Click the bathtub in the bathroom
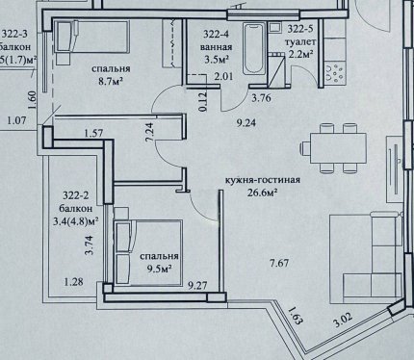pyautogui.click(x=254, y=49)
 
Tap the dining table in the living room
pyautogui.click(x=338, y=148)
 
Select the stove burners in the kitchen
pyautogui.click(x=335, y=73)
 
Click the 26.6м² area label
pyautogui.click(x=262, y=193)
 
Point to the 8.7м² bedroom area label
pyautogui.click(x=111, y=80)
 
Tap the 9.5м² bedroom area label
pyautogui.click(x=159, y=268)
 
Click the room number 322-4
pyautogui.click(x=217, y=34)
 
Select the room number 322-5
pyautogui.click(x=300, y=29)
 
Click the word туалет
pyautogui.click(x=302, y=41)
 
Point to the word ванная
pyautogui.click(x=217, y=47)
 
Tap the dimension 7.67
pyautogui.click(x=279, y=264)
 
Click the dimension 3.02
pyautogui.click(x=343, y=320)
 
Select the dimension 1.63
pyautogui.click(x=295, y=316)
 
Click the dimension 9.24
pyautogui.click(x=246, y=123)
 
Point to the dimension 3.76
pyautogui.click(x=261, y=98)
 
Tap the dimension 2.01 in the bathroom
pyautogui.click(x=223, y=76)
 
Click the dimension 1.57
pyautogui.click(x=93, y=133)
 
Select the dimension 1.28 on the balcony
pyautogui.click(x=74, y=282)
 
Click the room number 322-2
pyautogui.click(x=76, y=195)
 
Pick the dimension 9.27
pyautogui.click(x=197, y=285)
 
